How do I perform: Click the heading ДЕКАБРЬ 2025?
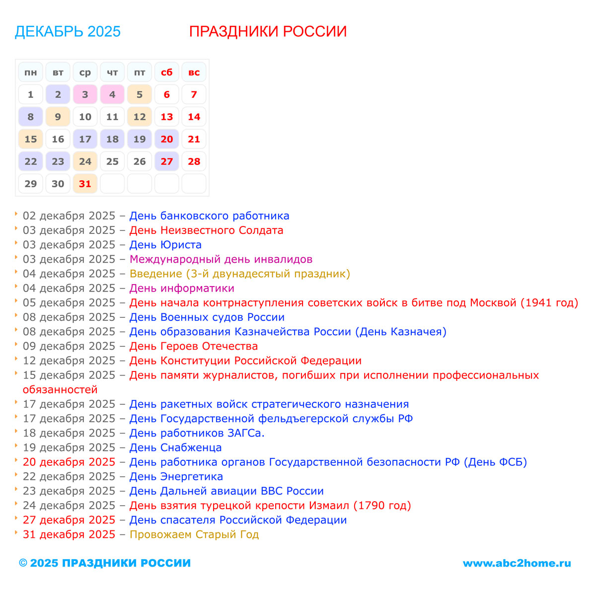(68, 31)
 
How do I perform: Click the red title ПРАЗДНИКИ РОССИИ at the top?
(268, 31)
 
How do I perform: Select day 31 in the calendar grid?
(85, 184)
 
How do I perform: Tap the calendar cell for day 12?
(140, 117)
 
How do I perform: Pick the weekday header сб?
(166, 73)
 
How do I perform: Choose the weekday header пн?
(31, 73)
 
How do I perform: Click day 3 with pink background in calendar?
(85, 94)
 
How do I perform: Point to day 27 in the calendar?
(166, 161)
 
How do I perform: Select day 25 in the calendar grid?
(112, 161)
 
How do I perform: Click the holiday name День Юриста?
(165, 245)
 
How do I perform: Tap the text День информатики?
(182, 288)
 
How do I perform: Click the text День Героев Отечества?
(193, 346)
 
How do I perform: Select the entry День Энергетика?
(176, 476)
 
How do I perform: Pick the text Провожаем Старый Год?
(194, 534)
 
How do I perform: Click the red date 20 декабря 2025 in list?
(69, 462)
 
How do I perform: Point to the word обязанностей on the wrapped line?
(60, 390)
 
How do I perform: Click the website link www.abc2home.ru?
(517, 563)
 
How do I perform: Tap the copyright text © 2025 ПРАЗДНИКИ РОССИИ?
(105, 563)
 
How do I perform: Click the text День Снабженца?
(175, 447)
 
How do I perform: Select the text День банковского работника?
(209, 216)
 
